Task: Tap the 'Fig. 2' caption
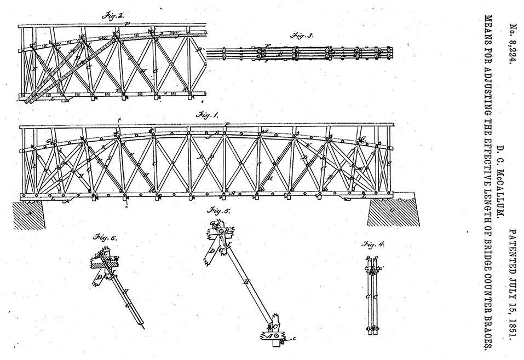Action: tap(113, 16)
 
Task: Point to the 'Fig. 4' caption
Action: tap(373, 245)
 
